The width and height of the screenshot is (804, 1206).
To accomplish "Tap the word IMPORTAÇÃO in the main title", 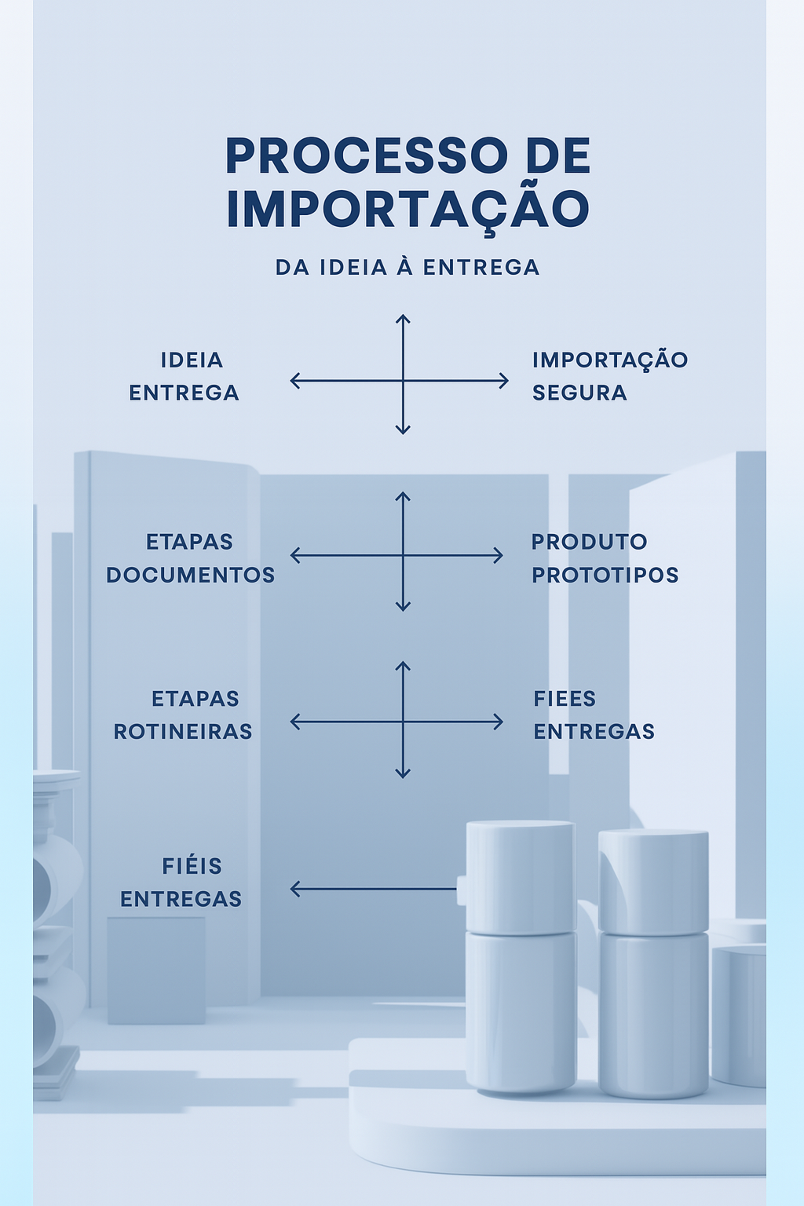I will click(x=407, y=209).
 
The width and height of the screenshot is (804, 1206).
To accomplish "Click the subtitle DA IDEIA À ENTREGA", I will click(x=407, y=268).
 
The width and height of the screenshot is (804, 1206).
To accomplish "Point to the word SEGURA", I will click(x=579, y=393).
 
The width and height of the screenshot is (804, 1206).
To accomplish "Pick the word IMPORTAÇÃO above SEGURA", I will click(x=610, y=360).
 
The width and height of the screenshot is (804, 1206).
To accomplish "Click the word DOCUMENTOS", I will click(x=191, y=575).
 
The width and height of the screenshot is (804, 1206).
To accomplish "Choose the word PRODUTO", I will click(x=590, y=542).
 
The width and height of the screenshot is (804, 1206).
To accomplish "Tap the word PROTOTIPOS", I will click(x=605, y=575).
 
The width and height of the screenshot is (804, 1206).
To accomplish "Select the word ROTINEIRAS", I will click(x=183, y=732).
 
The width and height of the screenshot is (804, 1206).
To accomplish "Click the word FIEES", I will click(x=565, y=699).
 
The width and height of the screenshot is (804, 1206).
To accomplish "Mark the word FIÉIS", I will click(x=192, y=866).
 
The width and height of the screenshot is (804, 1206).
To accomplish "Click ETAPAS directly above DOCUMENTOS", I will click(x=190, y=542).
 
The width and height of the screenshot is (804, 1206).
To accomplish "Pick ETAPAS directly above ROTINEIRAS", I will click(x=196, y=699).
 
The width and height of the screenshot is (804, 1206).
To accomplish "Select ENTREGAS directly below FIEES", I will click(x=594, y=732).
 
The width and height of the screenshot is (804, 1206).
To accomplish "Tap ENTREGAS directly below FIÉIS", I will click(x=181, y=899).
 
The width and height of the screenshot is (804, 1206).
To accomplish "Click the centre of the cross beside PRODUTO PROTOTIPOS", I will click(x=403, y=555).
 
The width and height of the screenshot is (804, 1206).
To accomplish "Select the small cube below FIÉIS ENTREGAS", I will click(x=156, y=970).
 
